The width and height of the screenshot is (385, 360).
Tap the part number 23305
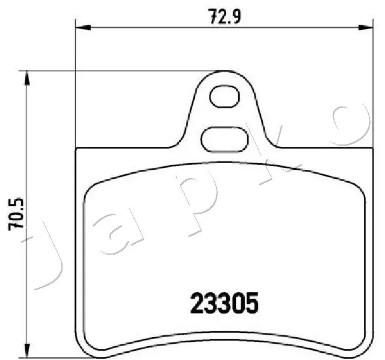click(224, 303)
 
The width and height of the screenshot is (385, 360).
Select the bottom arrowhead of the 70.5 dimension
click(26, 353)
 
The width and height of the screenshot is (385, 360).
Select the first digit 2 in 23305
click(197, 303)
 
